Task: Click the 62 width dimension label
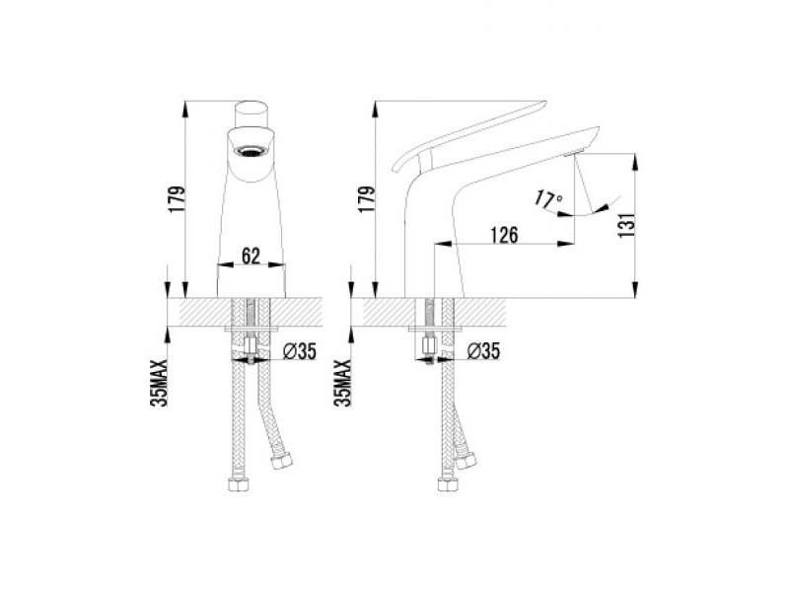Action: coord(251,256)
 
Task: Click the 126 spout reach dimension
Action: coord(504,235)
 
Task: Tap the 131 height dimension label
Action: coord(626,225)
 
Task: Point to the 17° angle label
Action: coord(547,198)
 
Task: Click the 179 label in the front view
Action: coord(178,200)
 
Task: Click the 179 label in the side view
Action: coord(366,200)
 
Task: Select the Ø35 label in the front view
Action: coord(300,351)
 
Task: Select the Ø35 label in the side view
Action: coord(483,351)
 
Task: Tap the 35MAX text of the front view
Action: coord(159,383)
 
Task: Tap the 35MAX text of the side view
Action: coord(342,383)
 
